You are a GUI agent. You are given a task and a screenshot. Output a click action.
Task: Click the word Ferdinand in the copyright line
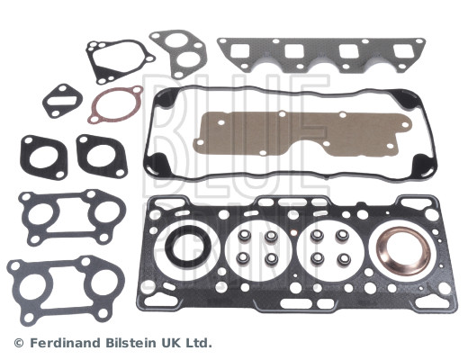pos(67,343)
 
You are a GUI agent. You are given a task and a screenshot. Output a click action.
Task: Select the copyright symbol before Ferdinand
pos(19,343)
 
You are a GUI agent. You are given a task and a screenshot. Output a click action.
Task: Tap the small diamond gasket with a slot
pos(48,102)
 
